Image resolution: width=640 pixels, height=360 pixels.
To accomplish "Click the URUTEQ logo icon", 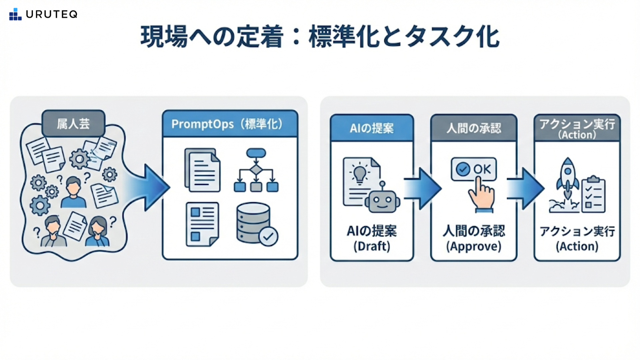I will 15,14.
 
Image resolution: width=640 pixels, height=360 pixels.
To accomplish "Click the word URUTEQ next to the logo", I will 52,14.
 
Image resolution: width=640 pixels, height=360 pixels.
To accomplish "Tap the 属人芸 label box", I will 73,124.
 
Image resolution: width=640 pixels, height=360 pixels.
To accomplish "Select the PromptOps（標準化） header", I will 230,124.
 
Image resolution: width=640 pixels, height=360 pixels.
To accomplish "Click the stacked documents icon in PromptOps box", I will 202,170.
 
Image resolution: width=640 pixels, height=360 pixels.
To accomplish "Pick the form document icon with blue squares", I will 202,224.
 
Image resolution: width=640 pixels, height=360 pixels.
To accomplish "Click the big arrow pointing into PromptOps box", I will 148,188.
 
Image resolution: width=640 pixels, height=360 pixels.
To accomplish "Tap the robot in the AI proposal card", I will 382,199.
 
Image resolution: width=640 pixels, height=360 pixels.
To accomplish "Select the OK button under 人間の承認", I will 473,169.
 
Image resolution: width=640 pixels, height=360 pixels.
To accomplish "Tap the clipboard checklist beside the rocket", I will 593,195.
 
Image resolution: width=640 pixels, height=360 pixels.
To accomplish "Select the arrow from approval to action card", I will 525,189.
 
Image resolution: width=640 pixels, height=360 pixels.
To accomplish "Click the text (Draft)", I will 372,246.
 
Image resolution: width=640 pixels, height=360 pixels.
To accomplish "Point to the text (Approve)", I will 474,246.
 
